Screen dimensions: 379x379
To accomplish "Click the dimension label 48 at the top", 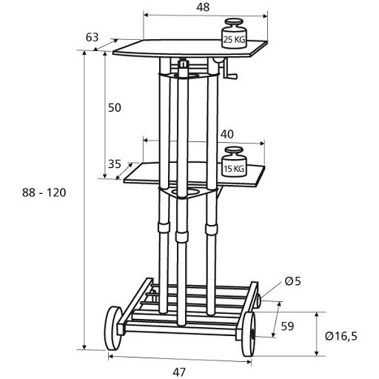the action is click(x=203, y=7).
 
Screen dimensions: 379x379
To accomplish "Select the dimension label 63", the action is click(x=92, y=37).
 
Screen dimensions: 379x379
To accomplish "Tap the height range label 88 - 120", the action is click(x=44, y=192).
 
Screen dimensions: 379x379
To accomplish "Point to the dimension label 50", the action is click(x=115, y=108).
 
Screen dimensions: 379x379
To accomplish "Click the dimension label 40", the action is click(x=227, y=134).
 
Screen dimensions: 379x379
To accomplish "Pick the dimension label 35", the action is click(x=115, y=164).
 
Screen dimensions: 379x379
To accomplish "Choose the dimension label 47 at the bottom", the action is click(x=179, y=372).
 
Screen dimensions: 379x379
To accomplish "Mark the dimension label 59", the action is click(x=287, y=326).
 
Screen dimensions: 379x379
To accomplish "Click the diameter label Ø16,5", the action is click(x=341, y=336).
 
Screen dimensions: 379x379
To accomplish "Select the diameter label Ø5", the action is click(x=293, y=281).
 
